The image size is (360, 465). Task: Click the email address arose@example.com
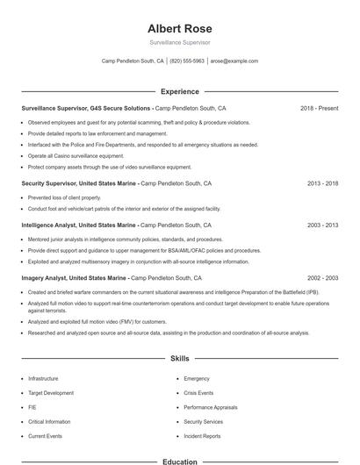[234, 61]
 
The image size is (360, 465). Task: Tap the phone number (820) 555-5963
[187, 61]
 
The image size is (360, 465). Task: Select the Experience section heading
[179, 91]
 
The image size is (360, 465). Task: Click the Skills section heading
[179, 359]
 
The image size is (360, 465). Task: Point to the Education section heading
[179, 461]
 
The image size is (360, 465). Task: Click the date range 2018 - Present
[319, 109]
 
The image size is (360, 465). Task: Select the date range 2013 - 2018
[322, 183]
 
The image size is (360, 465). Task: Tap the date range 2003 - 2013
[322, 225]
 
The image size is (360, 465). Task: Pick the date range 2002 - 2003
[322, 278]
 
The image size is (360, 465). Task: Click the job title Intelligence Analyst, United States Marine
[76, 225]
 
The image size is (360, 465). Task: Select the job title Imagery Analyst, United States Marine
[73, 278]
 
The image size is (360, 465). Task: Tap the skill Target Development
[51, 393]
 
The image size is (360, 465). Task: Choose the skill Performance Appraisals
[211, 407]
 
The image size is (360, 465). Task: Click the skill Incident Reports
[202, 436]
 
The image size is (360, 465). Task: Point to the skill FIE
[32, 407]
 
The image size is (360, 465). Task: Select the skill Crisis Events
[198, 393]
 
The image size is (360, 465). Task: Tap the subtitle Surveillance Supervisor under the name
[179, 42]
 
